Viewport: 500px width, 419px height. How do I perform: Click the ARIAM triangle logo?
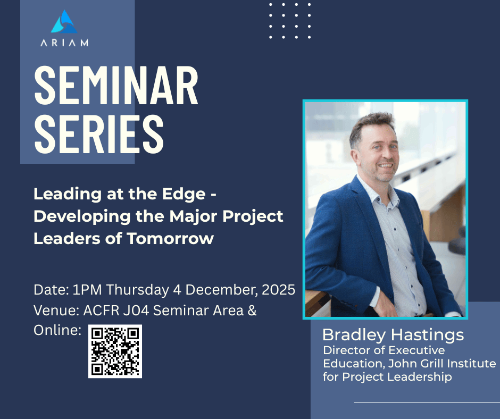coord(64,22)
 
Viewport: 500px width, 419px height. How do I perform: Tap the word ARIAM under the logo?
coord(64,43)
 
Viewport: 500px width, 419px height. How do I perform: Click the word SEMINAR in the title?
coord(116,85)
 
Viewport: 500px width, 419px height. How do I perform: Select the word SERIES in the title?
coord(99,134)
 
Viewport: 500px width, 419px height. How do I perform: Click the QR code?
coord(115,351)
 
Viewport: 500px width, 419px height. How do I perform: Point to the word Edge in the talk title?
coord(184,195)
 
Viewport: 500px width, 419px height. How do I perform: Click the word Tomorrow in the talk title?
coord(170,239)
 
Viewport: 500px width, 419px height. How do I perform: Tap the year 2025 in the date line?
coord(278,290)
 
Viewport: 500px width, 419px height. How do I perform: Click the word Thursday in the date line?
coord(138,290)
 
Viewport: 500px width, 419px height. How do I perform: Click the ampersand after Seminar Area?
coord(252,311)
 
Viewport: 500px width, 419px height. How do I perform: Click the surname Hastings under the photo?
coord(428,335)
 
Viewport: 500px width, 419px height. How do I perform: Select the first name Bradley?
coord(354,335)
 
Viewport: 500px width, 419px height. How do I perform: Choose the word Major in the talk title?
coord(195,217)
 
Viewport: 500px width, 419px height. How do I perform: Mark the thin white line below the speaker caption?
coord(427,402)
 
